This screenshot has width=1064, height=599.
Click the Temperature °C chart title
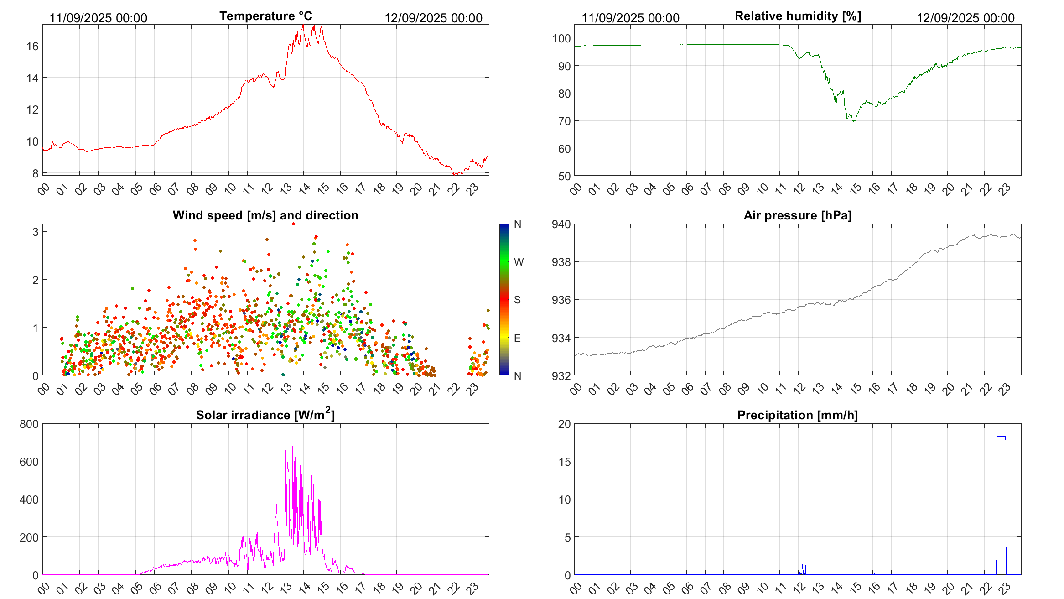[265, 16]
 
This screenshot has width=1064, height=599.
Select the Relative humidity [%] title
[798, 16]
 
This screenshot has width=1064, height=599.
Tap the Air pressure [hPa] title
[797, 215]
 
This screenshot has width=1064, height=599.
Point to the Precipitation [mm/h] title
[797, 415]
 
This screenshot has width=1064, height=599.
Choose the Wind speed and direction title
[265, 215]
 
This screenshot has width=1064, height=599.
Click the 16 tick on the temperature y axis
[32, 46]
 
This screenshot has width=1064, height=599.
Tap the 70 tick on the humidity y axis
[564, 121]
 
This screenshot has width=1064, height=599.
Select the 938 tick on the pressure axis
[561, 262]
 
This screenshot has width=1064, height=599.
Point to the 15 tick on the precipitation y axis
[564, 462]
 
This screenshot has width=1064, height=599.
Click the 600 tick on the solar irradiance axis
[29, 462]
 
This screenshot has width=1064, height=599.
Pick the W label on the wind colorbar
[519, 262]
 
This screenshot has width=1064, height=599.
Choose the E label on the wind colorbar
[517, 338]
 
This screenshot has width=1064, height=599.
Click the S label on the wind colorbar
[517, 300]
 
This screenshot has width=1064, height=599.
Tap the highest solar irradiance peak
[293, 447]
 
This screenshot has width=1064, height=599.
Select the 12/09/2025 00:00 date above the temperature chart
[433, 18]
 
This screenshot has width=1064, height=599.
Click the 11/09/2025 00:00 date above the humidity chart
[630, 18]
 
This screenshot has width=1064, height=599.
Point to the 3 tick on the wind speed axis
[36, 232]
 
